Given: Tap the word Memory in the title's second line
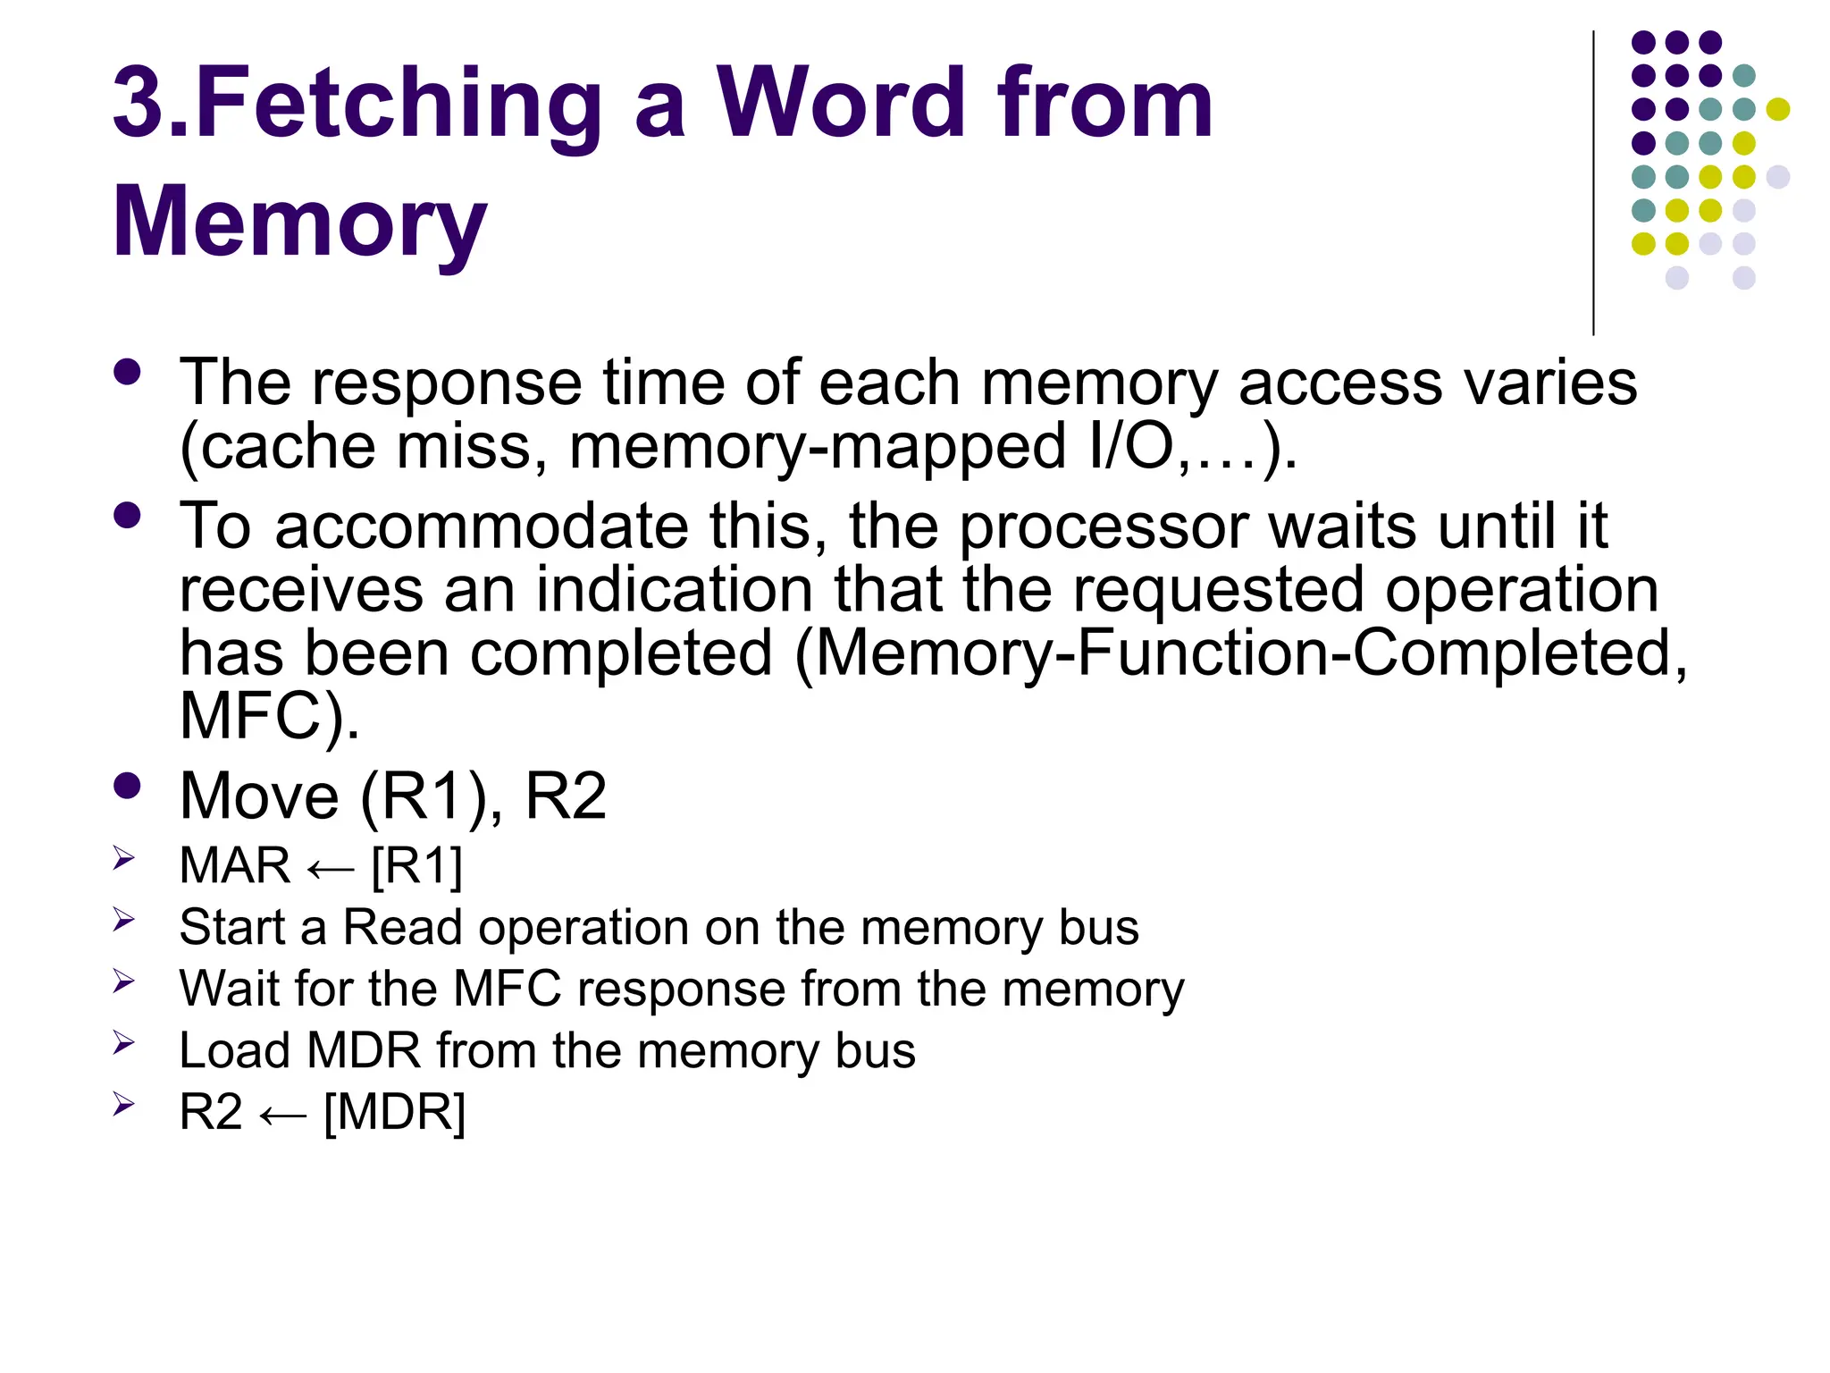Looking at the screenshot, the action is [300, 222].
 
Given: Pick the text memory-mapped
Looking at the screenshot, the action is [818, 446].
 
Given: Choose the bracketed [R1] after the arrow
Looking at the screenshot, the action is [417, 866].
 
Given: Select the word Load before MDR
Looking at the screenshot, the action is [234, 1050].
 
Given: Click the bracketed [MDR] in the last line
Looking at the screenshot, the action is [394, 1112].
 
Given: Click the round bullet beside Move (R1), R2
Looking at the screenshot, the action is [128, 786].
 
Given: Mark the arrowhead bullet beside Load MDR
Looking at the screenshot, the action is [123, 1042].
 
